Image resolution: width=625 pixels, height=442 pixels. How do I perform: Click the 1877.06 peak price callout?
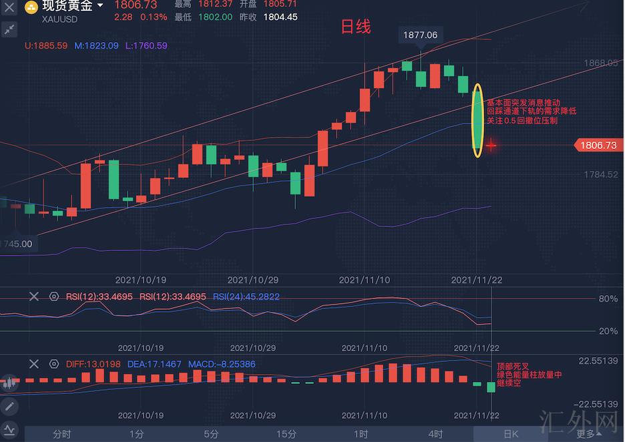point(421,35)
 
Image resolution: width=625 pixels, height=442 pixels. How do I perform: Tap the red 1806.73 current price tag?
point(598,145)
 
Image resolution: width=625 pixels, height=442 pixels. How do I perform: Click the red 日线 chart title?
point(355,27)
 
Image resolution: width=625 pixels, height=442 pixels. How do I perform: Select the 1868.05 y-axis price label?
point(601,63)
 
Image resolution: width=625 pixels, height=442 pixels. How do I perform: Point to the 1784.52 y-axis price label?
point(601,174)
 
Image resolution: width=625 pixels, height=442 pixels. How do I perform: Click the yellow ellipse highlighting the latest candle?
point(477,121)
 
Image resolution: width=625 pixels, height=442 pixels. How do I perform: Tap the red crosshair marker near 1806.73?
point(491,144)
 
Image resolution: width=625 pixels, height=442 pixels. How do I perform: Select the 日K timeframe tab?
point(511,434)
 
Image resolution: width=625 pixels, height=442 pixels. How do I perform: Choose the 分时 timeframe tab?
point(61,434)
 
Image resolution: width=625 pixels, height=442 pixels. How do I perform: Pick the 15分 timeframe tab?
point(286,434)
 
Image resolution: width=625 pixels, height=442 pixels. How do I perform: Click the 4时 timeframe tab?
point(436,434)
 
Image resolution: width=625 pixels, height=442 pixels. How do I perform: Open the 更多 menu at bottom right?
point(586,434)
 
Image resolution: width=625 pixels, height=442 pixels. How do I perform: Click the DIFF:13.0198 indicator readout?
point(94,365)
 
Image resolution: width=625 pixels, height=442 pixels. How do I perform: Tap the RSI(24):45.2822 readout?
point(246,296)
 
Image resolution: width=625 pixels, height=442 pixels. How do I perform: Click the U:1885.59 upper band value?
point(46,46)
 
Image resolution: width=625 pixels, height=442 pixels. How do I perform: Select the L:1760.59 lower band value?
point(146,46)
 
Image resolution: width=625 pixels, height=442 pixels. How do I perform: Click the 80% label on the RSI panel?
point(608,298)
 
